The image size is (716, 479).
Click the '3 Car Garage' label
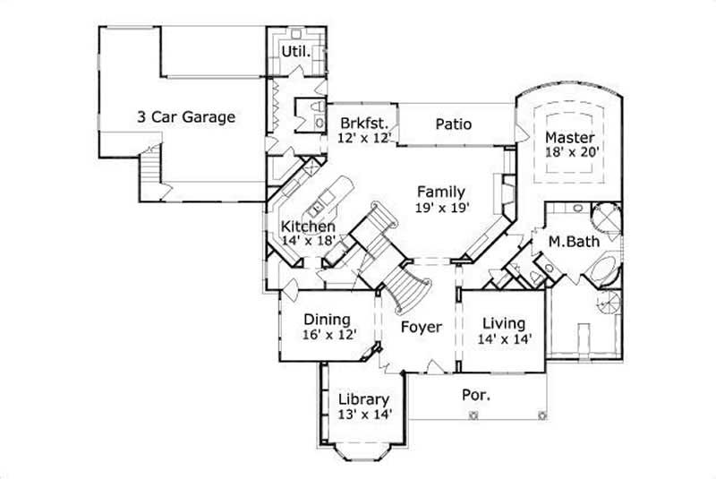click(186, 116)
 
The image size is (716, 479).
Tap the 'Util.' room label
click(295, 51)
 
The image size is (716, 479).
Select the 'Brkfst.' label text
click(362, 124)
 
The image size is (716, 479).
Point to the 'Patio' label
click(453, 124)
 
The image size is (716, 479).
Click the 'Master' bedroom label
click(570, 138)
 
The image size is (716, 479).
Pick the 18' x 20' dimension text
click(570, 153)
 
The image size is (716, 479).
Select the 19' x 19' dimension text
click(443, 207)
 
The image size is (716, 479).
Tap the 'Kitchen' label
click(309, 227)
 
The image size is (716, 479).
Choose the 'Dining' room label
click(327, 319)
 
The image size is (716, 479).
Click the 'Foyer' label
click(421, 327)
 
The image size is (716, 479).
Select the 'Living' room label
click(504, 323)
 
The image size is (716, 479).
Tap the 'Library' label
click(363, 399)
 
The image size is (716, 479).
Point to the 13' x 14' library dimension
click(363, 415)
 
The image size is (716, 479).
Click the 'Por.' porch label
click(474, 394)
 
